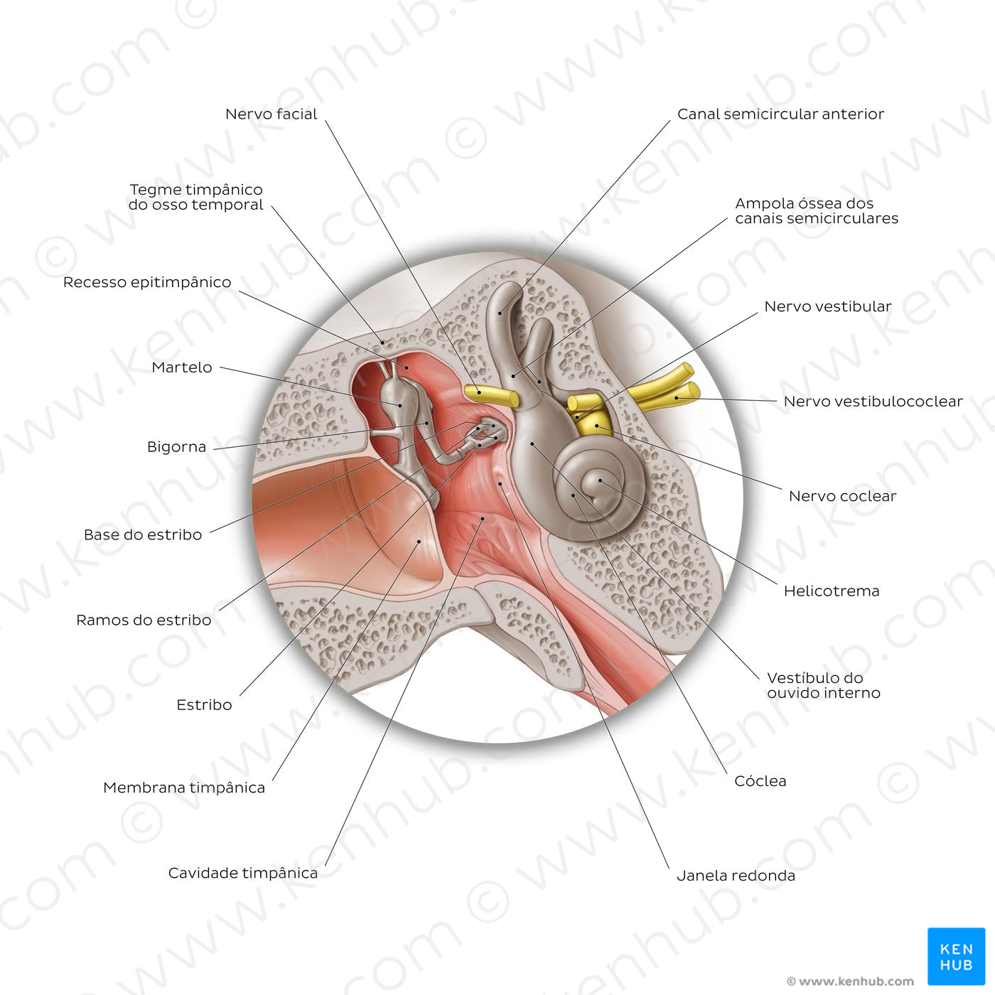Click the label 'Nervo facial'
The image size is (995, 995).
pyautogui.click(x=271, y=114)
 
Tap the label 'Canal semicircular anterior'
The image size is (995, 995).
pyautogui.click(x=780, y=114)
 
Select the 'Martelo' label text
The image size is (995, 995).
pyautogui.click(x=182, y=367)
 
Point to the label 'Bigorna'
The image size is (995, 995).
pyautogui.click(x=176, y=447)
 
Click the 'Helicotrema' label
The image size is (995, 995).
pyautogui.click(x=832, y=591)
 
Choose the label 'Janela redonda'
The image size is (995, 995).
pyautogui.click(x=736, y=876)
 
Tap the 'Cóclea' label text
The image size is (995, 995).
pyautogui.click(x=760, y=781)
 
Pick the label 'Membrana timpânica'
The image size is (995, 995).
pyautogui.click(x=184, y=787)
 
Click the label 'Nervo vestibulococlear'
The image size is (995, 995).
pyautogui.click(x=873, y=402)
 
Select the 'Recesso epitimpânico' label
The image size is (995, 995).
pyautogui.click(x=147, y=282)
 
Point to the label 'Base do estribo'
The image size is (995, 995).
pyautogui.click(x=143, y=534)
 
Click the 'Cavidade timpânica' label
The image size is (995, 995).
pyautogui.click(x=243, y=873)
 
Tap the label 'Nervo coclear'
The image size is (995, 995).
pyautogui.click(x=842, y=496)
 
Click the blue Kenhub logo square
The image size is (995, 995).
pyautogui.click(x=956, y=956)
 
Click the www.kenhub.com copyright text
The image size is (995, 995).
pyautogui.click(x=850, y=981)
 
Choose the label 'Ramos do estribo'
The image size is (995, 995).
pyautogui.click(x=144, y=620)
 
